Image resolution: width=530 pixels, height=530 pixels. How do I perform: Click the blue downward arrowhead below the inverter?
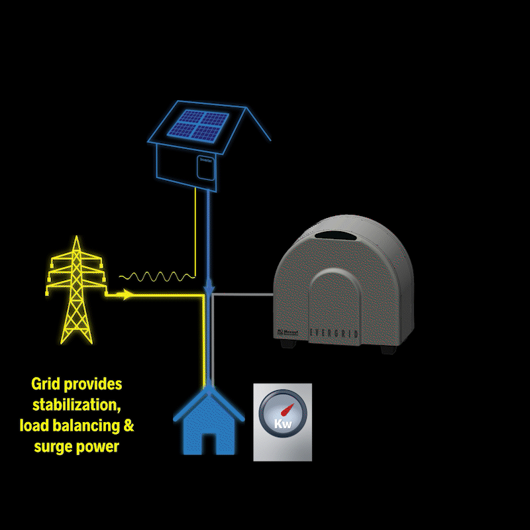point(209,289)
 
